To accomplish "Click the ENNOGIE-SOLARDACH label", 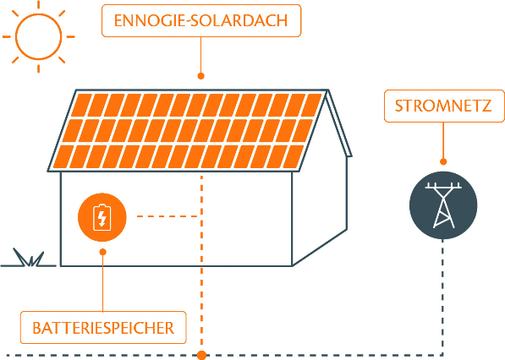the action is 201,20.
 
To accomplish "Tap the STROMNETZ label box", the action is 444,106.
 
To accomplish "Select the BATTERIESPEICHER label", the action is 103,328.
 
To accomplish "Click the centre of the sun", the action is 39,36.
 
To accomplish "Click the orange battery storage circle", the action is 102,217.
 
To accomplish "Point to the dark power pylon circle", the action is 443,205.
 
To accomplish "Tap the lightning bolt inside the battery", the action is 102,218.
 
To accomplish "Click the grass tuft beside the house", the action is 29,259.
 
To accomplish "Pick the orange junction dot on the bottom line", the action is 201,355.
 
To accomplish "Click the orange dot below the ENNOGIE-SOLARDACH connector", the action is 201,76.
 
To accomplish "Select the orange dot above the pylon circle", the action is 443,161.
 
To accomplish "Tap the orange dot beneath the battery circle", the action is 102,252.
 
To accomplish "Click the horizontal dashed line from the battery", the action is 167,216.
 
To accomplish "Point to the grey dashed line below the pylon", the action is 443,297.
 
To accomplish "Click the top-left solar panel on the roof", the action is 81,105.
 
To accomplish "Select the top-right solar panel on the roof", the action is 311,105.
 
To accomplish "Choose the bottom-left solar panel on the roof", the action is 63,156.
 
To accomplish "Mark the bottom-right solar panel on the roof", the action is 293,156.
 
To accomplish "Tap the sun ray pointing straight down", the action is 39,68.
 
